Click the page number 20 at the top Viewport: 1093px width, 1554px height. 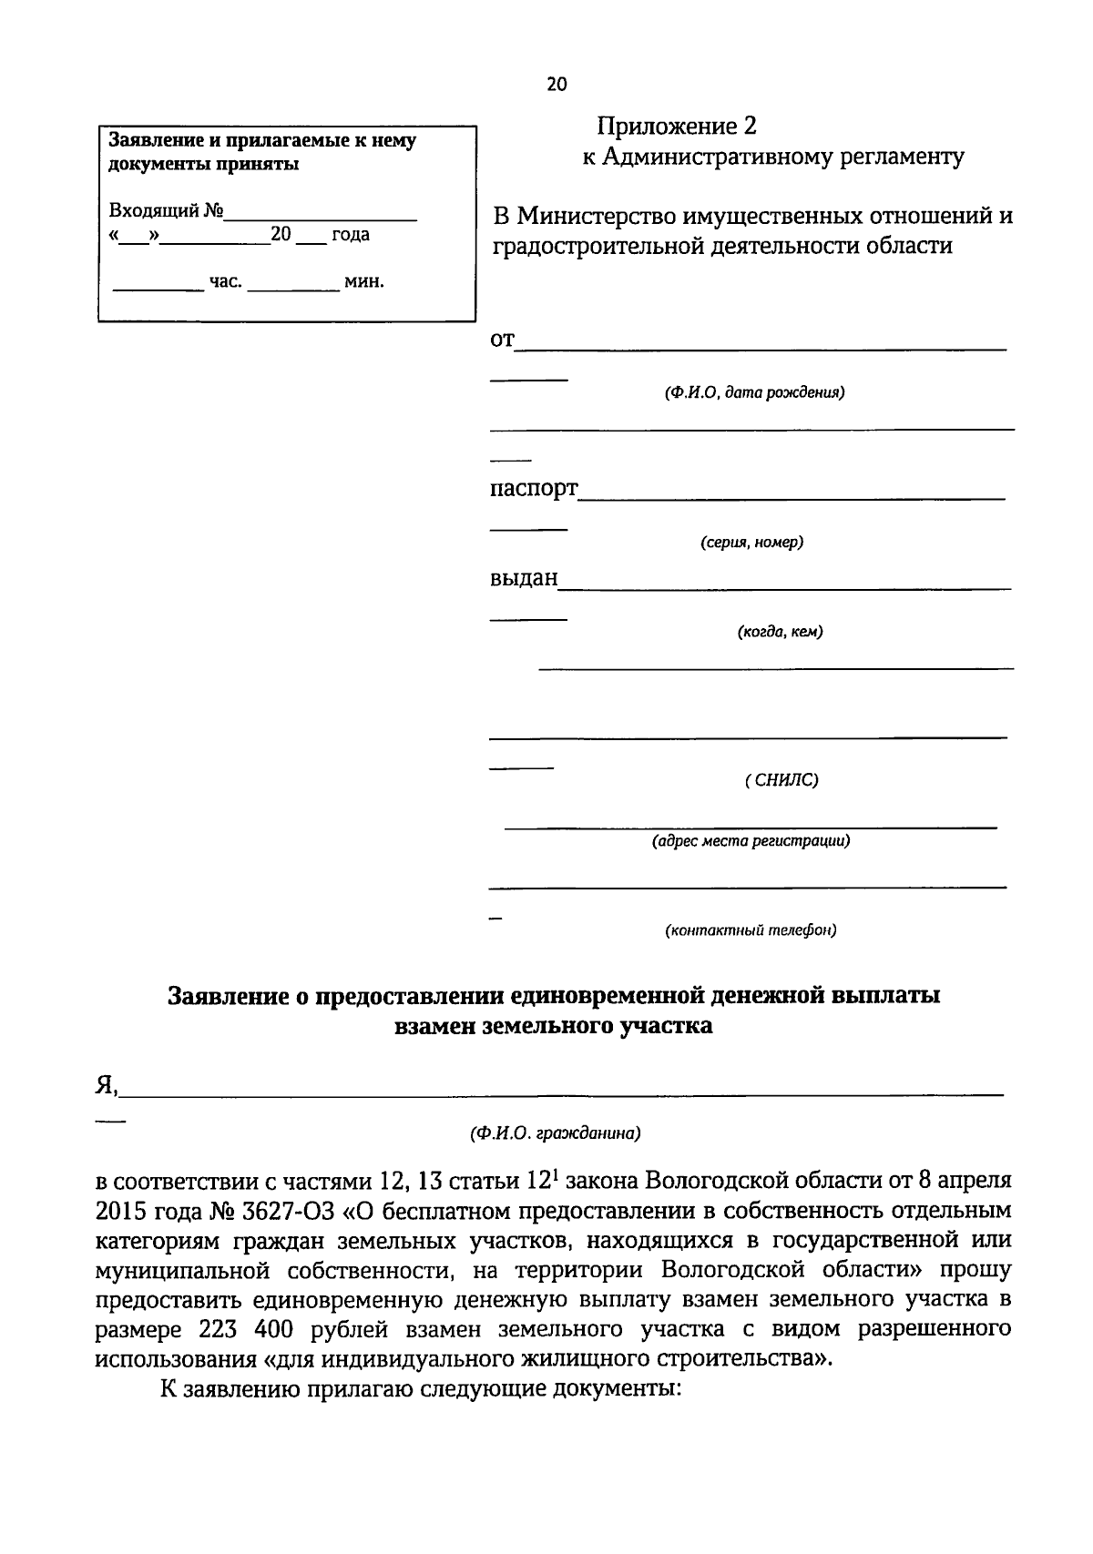click(556, 85)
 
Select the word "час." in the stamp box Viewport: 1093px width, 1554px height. click(226, 282)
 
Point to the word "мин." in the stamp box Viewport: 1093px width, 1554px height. click(364, 282)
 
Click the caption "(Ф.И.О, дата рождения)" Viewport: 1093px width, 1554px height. click(753, 393)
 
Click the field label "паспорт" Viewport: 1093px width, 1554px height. click(534, 489)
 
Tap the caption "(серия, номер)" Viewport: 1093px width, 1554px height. click(751, 543)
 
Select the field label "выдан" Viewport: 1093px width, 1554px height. click(524, 579)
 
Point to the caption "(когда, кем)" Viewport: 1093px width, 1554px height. click(780, 632)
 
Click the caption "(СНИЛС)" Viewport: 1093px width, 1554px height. click(781, 780)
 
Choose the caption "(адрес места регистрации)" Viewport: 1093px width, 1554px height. click(751, 841)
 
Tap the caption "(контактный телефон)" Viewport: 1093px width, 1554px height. click(751, 930)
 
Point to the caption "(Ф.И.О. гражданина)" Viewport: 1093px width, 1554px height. click(556, 1134)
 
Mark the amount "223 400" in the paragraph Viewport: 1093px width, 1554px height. click(245, 1330)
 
